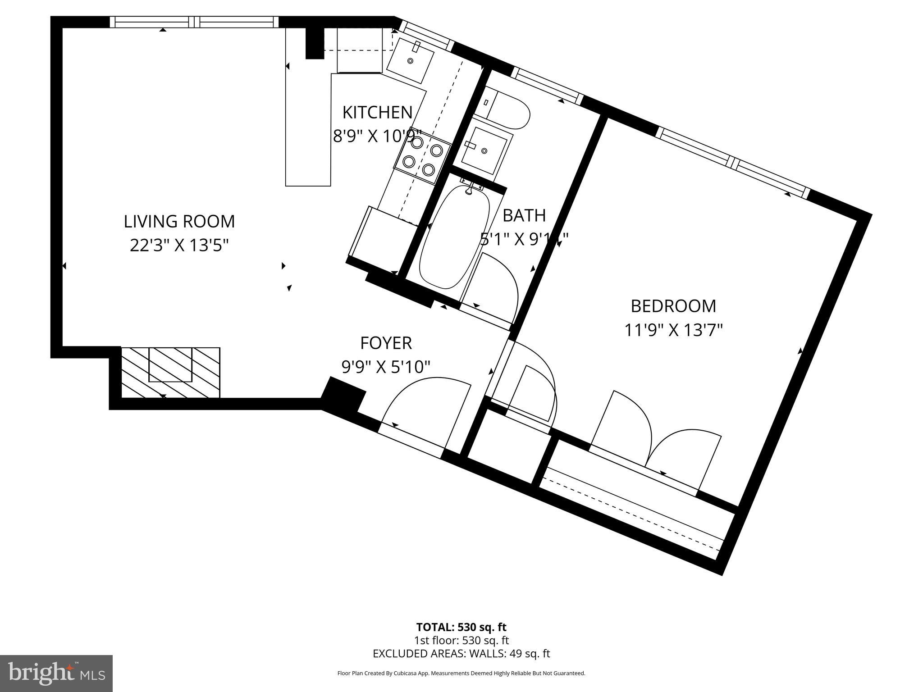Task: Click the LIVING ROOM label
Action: pos(179,221)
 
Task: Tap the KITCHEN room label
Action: pos(377,112)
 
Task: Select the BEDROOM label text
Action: pos(673,306)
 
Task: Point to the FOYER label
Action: pos(386,343)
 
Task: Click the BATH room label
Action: pos(524,215)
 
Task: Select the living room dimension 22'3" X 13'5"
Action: pos(179,246)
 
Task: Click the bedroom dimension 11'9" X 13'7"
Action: pos(673,330)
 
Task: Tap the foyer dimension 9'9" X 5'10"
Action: pos(386,367)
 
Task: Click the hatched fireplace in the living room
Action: pos(170,372)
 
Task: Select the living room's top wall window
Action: pos(194,22)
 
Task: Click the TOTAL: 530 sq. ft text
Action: pos(461,627)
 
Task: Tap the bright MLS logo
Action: pos(56,673)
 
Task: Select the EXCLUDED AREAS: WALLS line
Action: pos(461,654)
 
